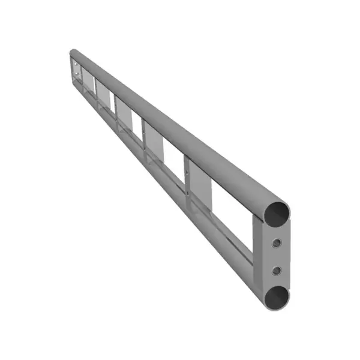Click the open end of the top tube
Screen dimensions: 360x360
click(x=277, y=213)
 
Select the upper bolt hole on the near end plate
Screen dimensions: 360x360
click(x=276, y=243)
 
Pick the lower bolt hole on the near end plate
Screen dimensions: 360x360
click(x=276, y=271)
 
